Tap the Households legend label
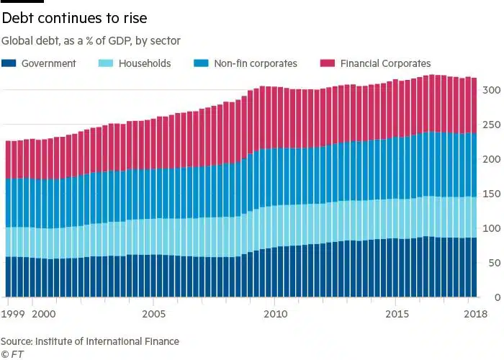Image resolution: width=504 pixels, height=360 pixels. click(145, 63)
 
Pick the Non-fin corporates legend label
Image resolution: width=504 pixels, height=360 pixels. click(256, 63)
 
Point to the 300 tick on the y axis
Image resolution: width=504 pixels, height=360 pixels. click(492, 90)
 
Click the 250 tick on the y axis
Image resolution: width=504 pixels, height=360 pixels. click(492, 125)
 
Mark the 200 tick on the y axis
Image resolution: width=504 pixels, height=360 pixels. click(492, 159)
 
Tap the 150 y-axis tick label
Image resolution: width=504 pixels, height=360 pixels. click(492, 194)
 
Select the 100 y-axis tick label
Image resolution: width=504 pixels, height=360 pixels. click(492, 228)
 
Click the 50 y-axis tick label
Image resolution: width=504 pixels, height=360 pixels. click(494, 263)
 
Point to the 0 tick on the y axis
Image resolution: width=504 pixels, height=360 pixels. click(497, 297)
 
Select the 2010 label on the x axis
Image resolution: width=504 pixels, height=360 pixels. click(275, 314)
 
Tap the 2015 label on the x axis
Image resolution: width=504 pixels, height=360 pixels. click(397, 314)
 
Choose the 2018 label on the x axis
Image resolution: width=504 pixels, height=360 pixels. click(476, 314)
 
